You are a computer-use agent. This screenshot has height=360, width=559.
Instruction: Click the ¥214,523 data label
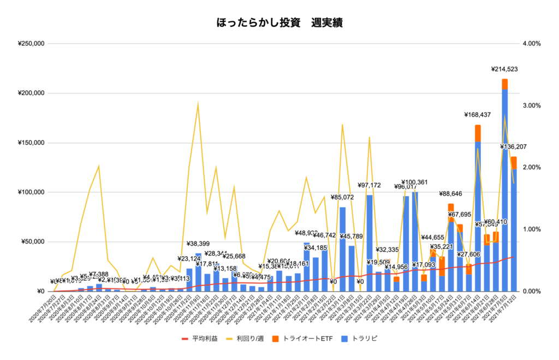click(506, 69)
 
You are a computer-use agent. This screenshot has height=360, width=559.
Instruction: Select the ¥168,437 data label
click(478, 115)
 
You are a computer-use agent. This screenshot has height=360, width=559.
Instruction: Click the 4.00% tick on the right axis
click(532, 44)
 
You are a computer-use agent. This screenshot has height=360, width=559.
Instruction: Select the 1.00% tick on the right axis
click(532, 229)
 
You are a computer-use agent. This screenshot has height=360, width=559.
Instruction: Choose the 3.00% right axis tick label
click(532, 105)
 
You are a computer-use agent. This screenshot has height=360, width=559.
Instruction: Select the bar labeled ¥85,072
click(342, 249)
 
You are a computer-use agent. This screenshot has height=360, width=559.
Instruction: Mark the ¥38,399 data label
click(198, 244)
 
